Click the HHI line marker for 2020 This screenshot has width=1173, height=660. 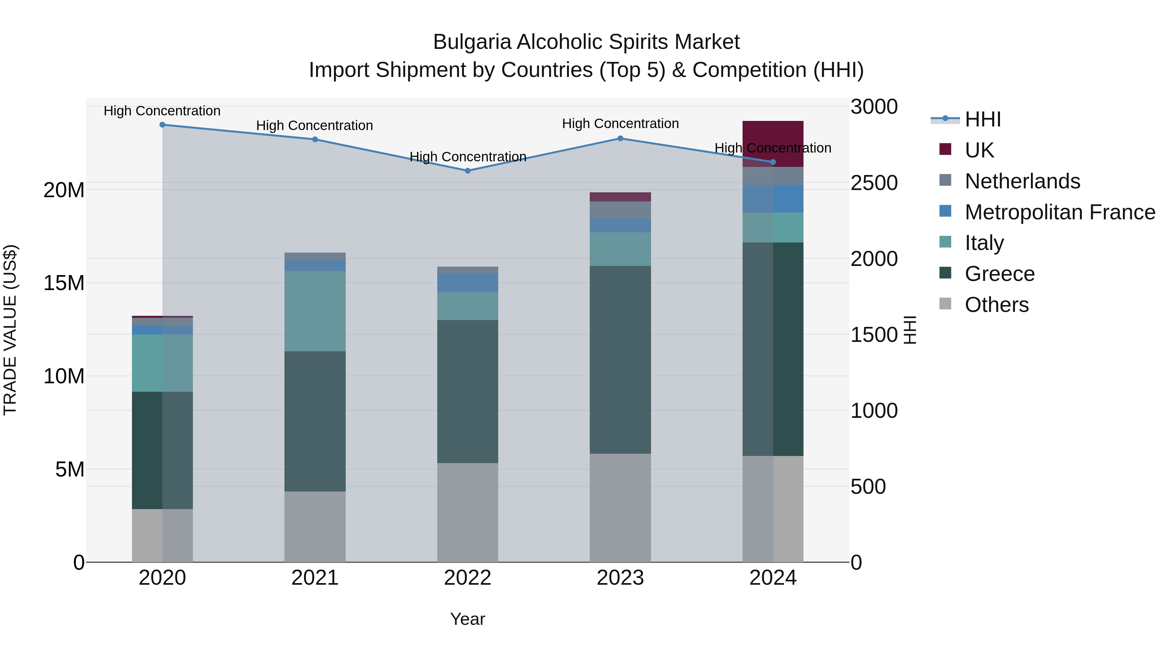coord(162,125)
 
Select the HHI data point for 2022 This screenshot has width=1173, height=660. coord(468,171)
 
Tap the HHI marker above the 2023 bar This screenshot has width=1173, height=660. coord(620,139)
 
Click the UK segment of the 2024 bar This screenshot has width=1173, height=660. coord(773,137)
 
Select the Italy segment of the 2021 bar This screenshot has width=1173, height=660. coord(315,311)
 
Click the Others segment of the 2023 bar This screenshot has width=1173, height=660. coord(620,507)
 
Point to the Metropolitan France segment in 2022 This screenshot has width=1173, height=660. coord(468,283)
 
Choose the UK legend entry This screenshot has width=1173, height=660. coord(979,150)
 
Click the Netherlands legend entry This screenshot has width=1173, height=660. coord(1022,181)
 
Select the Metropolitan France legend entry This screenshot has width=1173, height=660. coord(1059,212)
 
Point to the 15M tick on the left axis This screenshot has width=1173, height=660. coord(64,283)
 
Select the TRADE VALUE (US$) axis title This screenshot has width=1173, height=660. coord(10,330)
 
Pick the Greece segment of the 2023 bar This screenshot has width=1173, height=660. coord(620,359)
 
